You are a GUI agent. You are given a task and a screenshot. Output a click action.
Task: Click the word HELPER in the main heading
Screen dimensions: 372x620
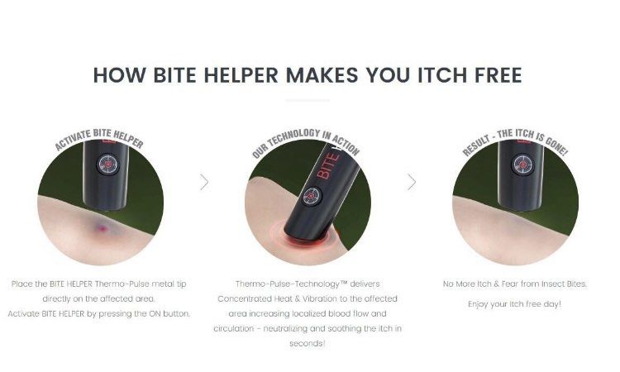click(235, 74)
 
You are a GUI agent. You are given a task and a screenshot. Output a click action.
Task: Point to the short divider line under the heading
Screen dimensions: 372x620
click(308, 101)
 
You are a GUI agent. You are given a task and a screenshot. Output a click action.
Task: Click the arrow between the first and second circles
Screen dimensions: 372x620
click(204, 182)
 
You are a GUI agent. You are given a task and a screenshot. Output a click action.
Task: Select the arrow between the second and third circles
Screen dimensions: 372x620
click(411, 182)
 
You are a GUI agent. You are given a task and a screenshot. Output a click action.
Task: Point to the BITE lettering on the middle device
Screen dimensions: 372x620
click(328, 165)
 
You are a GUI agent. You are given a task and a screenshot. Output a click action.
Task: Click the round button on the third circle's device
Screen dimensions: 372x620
click(522, 165)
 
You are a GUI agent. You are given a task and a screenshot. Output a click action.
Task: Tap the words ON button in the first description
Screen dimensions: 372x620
click(171, 312)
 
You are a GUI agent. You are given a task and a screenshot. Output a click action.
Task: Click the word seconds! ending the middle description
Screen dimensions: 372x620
click(307, 343)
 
